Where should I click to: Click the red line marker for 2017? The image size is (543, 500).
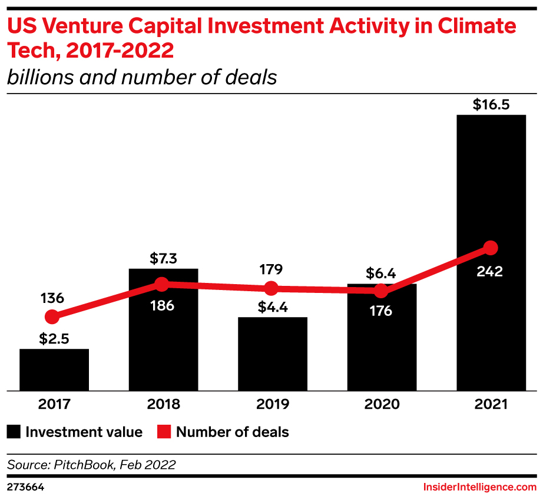tap(52, 317)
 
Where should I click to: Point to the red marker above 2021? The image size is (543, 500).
tap(491, 248)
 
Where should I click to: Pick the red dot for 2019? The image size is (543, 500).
tap(271, 289)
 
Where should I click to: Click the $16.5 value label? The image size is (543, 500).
tap(491, 105)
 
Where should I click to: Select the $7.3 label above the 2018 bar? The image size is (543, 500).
tap(163, 259)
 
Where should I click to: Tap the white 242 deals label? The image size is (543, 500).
tap(491, 271)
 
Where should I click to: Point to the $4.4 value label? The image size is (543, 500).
tap(271, 308)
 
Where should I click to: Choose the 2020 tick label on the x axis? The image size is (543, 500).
tap(382, 405)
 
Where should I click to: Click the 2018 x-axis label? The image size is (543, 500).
tap(163, 405)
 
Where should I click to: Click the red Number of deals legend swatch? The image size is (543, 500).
tap(164, 432)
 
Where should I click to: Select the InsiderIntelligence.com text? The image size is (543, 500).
tap(480, 487)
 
